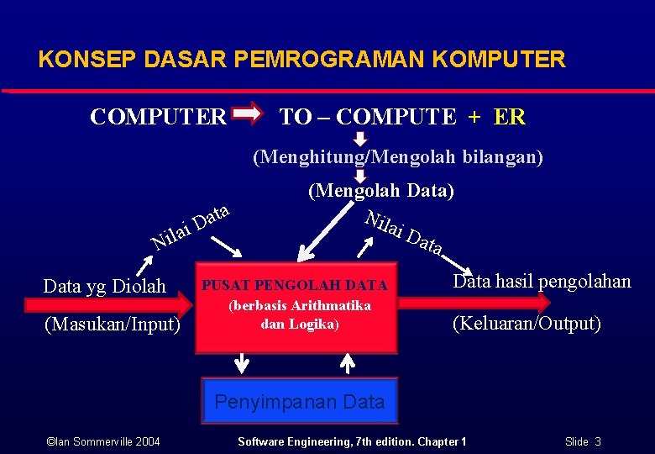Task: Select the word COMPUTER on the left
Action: pyautogui.click(x=158, y=117)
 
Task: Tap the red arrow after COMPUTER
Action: pyautogui.click(x=247, y=114)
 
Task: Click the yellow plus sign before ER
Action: pyautogui.click(x=475, y=117)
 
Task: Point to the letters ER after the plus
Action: pyautogui.click(x=511, y=117)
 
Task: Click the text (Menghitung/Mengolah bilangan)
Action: pyautogui.click(x=398, y=156)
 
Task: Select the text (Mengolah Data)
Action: pyautogui.click(x=381, y=191)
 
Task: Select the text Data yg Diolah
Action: pyautogui.click(x=105, y=286)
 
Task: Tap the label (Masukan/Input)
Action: pyautogui.click(x=112, y=324)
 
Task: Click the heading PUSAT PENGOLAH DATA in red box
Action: pyautogui.click(x=295, y=286)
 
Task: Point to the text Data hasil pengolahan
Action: pyautogui.click(x=542, y=282)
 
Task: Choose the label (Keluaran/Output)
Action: pyautogui.click(x=527, y=324)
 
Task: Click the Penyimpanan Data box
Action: pyautogui.click(x=299, y=402)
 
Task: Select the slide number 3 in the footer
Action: pyautogui.click(x=597, y=441)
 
